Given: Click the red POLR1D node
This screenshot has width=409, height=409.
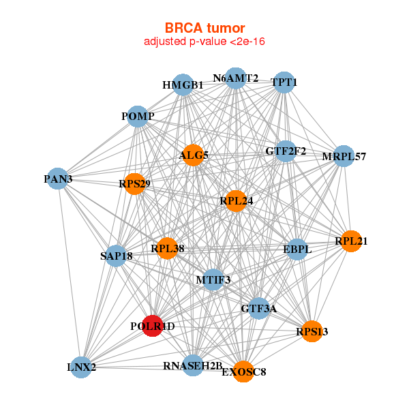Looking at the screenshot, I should (153, 326).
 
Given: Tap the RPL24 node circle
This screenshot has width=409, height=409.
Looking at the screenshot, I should (235, 201).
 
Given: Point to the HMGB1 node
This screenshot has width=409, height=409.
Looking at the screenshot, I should (182, 85).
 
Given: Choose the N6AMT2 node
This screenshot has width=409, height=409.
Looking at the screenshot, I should (235, 78).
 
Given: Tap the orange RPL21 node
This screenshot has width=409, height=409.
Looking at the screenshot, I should (351, 241).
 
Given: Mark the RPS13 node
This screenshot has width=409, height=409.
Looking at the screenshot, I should (312, 331).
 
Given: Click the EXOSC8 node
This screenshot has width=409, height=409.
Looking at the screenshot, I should (243, 372).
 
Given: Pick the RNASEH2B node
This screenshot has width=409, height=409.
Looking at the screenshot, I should (193, 365).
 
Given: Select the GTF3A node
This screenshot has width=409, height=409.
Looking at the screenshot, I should (258, 308).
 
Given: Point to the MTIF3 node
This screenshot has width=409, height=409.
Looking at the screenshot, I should (213, 279).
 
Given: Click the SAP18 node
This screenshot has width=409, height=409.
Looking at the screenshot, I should (117, 256).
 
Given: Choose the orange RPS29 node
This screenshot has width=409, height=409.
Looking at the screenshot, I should (135, 183).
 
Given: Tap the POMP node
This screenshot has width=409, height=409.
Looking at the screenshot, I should (138, 116).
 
